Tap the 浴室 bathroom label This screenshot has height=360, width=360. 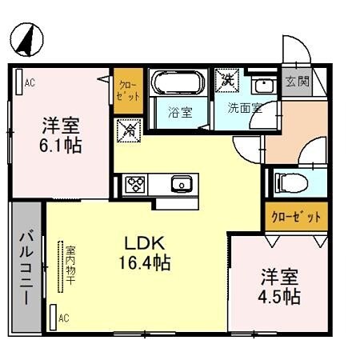point(179,112)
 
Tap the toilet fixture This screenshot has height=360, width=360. point(290,182)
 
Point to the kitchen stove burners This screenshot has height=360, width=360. point(134,185)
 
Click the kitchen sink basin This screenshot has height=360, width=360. point(182,185)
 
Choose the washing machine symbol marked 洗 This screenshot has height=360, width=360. point(226,80)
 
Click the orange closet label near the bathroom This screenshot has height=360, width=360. point(129,89)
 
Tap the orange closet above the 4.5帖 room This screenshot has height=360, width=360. point(294,216)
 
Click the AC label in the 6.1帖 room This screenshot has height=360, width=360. point(30,81)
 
